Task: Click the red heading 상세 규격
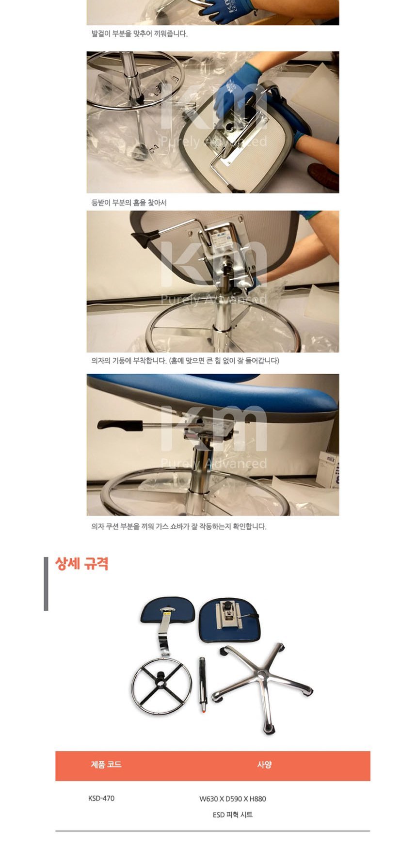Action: tap(81, 563)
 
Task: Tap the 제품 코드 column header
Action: tap(106, 765)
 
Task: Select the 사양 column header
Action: tap(264, 765)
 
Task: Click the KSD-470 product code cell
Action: tap(101, 798)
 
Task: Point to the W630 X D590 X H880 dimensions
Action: tap(233, 798)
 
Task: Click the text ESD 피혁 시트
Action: tap(233, 814)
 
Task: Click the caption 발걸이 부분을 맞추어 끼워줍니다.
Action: tap(139, 33)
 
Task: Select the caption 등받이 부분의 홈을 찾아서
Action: tap(129, 203)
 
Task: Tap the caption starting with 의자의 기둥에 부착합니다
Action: tap(185, 361)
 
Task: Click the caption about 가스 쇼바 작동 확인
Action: tap(179, 527)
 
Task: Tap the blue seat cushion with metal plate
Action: tap(230, 621)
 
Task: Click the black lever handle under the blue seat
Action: tap(119, 425)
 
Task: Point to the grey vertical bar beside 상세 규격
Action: tap(46, 584)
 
